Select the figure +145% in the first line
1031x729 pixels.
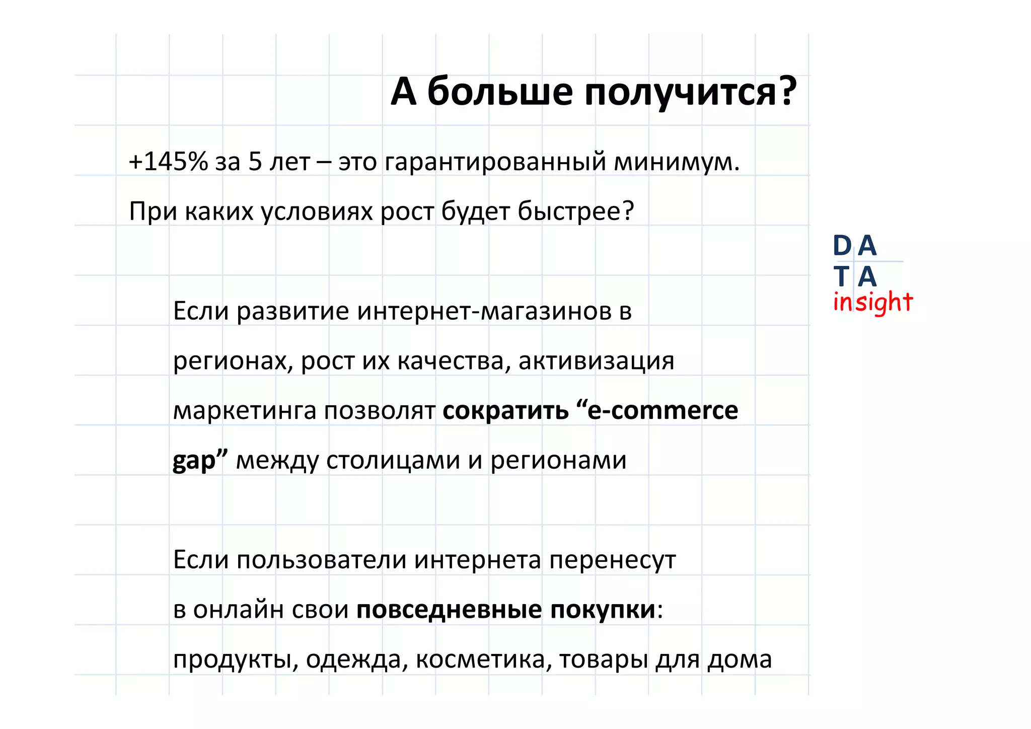[x=168, y=162]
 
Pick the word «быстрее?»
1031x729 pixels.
[x=576, y=211]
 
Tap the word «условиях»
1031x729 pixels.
[x=317, y=211]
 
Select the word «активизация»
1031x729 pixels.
[x=596, y=361]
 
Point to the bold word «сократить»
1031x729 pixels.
[x=505, y=411]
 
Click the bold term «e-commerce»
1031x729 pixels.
[x=662, y=411]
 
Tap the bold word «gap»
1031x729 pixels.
[x=194, y=461]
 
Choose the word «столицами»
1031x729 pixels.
[x=393, y=461]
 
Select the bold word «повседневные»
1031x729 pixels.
[x=449, y=610]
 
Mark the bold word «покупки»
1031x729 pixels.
[x=603, y=610]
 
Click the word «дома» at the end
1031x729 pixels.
[x=740, y=660]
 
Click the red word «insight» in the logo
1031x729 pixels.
[x=872, y=303]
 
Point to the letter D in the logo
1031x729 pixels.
[x=842, y=246]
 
